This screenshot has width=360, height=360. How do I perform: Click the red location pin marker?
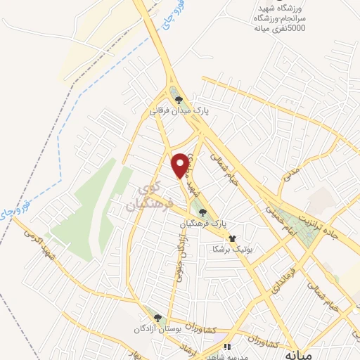[181, 164]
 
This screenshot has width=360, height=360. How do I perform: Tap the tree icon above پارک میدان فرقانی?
[179, 100]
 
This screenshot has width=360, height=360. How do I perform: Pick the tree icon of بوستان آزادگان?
[158, 318]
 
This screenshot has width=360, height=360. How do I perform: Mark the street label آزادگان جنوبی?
[180, 254]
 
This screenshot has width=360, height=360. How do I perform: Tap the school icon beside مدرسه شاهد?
[226, 347]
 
